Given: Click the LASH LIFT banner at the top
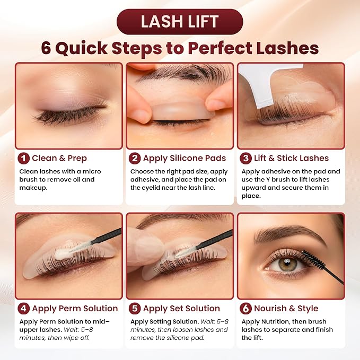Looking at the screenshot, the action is tap(180, 22).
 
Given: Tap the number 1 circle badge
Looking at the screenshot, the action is tap(24, 159).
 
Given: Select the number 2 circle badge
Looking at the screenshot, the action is tap(135, 159).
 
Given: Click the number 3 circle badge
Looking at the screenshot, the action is tap(245, 159).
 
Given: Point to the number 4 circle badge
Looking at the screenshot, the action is tap(24, 309).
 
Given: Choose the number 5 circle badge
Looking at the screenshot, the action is tap(135, 309).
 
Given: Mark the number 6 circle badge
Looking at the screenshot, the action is tap(245, 309).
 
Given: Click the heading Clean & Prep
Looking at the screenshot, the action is tap(59, 159).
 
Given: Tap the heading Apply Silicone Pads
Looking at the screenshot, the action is tap(185, 159).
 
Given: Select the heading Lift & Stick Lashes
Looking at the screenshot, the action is tap(292, 158).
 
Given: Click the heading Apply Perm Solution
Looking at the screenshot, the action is tap(75, 309).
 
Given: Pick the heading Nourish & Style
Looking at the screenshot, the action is tap(286, 309).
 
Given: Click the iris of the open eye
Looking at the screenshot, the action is tap(286, 264).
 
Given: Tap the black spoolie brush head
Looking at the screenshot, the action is tap(313, 259).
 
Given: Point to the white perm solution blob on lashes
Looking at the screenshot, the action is tap(63, 253).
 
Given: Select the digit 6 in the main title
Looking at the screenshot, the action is tap(46, 48).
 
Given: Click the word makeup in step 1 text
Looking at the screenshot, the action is tap(33, 188).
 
